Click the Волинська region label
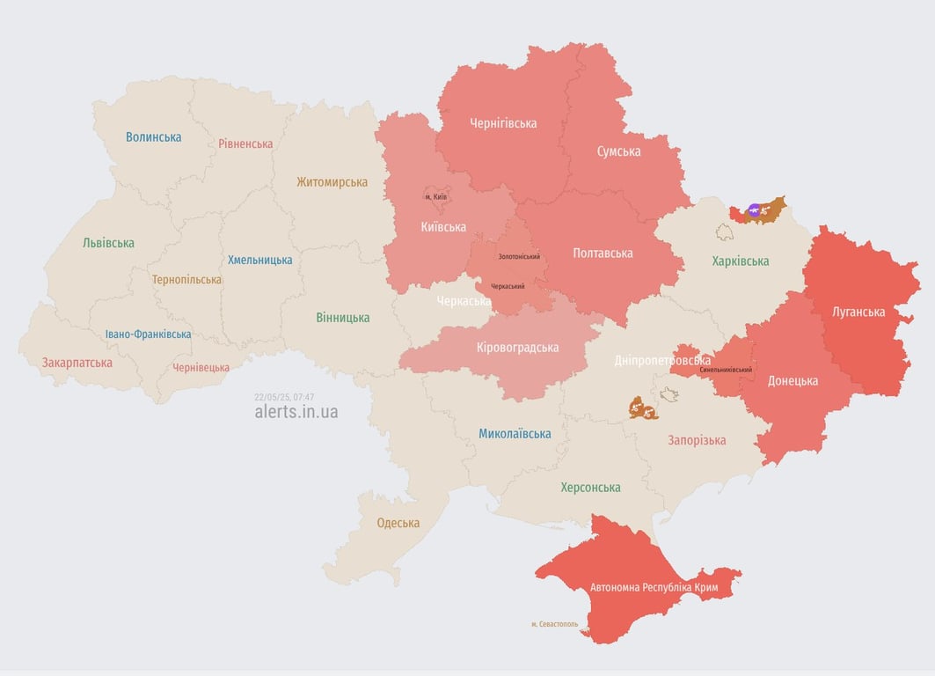coord(153,137)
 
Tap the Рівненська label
coord(245,143)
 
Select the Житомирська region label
coord(332,182)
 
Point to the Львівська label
coord(108,243)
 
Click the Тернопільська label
coord(186,280)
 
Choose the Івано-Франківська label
coord(148,334)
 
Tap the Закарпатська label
coord(77,363)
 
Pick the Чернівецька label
coord(201,368)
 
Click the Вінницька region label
coord(343,318)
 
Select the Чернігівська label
coord(503,123)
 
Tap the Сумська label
coord(618,151)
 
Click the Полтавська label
coord(603,253)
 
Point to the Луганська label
coord(858,312)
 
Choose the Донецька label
coord(793,381)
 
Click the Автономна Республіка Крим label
coord(654,587)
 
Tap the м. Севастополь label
coord(554,624)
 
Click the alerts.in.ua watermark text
coord(296,412)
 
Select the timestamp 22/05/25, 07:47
coord(284,397)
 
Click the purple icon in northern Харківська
coord(754,209)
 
